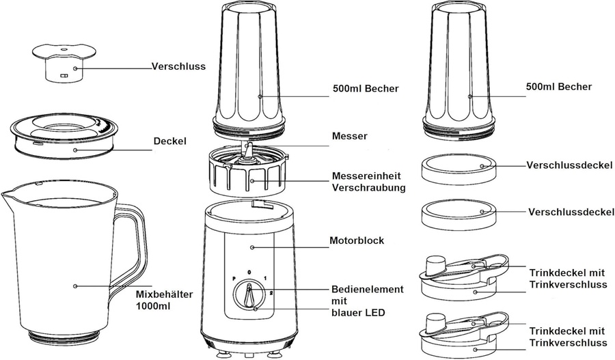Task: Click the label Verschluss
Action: (179, 67)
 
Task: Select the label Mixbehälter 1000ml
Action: (165, 301)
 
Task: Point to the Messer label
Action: (348, 137)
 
